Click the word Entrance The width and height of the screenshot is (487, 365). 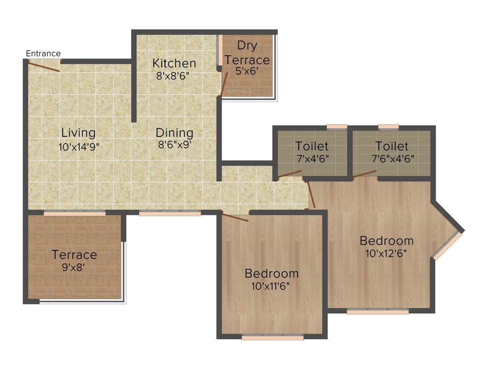click(x=43, y=53)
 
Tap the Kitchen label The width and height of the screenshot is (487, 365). click(x=174, y=63)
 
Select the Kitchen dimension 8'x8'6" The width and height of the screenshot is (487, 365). click(x=174, y=76)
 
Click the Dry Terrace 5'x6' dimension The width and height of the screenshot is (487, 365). click(x=247, y=71)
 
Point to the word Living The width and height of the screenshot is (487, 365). click(x=78, y=133)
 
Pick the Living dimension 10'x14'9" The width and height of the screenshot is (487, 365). click(x=78, y=146)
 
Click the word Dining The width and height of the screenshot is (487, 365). click(x=175, y=133)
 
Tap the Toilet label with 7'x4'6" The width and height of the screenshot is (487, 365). click(x=312, y=146)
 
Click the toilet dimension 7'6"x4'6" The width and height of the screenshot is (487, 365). click(x=392, y=158)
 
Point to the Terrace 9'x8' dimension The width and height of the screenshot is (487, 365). click(x=74, y=267)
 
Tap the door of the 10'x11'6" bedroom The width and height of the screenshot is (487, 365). click(x=235, y=218)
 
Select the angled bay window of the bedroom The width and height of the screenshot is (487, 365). click(x=448, y=246)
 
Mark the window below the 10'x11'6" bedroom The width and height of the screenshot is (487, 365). click(x=273, y=337)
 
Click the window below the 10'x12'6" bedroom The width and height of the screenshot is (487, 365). click(x=378, y=312)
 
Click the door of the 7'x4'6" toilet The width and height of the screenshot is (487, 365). click(x=290, y=173)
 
